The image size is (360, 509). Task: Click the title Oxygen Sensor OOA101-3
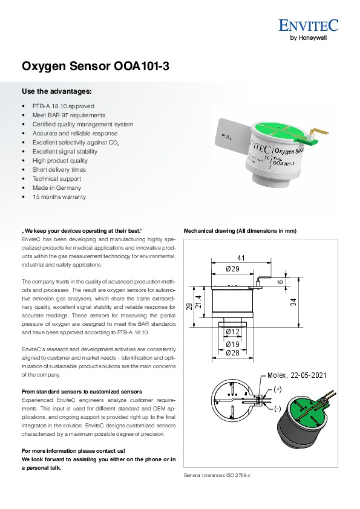(95, 66)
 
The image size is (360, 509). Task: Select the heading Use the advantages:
(56, 91)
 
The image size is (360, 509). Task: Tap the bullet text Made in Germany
(56, 187)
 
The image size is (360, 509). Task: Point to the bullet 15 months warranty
(59, 196)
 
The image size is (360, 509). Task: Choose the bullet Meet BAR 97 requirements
(69, 115)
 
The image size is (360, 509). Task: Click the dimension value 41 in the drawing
(241, 258)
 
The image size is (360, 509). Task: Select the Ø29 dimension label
(232, 269)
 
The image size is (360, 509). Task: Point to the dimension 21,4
(199, 302)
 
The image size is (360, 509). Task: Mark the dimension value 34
(293, 302)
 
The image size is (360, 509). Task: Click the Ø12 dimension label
(232, 332)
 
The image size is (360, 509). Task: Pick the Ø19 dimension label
(232, 345)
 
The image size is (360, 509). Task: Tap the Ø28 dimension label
(232, 352)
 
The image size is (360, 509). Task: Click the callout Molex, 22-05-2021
(296, 375)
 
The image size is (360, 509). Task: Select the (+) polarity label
(278, 389)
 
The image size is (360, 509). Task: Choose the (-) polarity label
(277, 409)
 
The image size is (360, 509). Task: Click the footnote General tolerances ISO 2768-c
(217, 476)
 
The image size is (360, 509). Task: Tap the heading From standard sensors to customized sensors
(82, 392)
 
